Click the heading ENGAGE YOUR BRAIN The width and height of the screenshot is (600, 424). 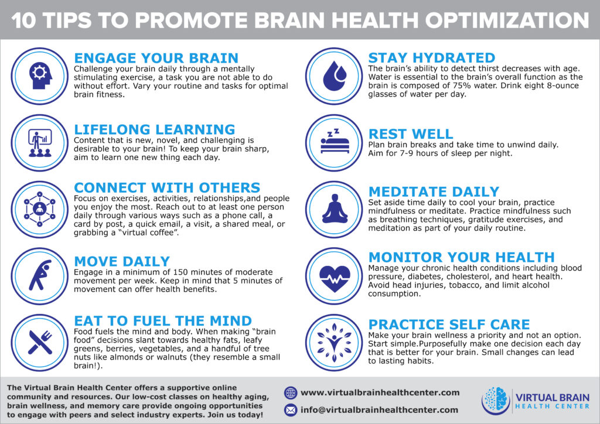coord(156,58)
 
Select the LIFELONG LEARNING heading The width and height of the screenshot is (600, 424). coord(154,129)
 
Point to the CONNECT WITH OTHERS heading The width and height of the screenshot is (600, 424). coord(167,187)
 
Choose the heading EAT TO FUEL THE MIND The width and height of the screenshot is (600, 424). coord(162,320)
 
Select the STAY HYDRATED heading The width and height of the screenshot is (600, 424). coord(431,58)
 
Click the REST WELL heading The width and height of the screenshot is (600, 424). coord(410,134)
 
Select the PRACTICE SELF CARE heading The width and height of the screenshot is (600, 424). coord(449,324)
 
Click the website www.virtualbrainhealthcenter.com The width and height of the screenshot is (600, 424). coord(380,392)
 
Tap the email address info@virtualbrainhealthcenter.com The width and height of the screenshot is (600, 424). coord(379,410)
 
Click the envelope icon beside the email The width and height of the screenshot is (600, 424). coord(291,410)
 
